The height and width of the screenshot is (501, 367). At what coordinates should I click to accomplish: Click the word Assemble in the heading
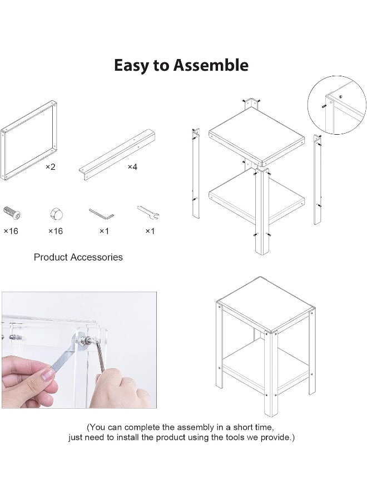pos(211,65)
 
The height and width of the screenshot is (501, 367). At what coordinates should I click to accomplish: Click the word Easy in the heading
pos(131,66)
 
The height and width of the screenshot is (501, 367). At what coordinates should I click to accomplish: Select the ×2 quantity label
pos(50,167)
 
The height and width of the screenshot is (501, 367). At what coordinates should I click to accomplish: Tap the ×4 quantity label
pos(132,167)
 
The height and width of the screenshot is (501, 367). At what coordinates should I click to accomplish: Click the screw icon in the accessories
pos(12,213)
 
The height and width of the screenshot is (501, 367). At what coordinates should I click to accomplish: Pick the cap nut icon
pos(57,214)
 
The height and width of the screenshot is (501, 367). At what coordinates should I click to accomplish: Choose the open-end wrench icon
pos(148,213)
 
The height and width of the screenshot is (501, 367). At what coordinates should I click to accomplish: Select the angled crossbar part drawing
pos(117,155)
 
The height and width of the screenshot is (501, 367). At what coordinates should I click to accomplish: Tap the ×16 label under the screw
pos(11,231)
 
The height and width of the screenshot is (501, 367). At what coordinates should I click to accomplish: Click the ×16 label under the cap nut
pos(56,231)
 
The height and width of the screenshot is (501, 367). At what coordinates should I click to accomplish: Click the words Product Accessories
pos(78,257)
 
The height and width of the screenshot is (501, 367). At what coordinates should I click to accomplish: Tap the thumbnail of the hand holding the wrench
pos(79,350)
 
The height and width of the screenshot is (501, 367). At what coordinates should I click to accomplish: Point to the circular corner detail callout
pos(336,105)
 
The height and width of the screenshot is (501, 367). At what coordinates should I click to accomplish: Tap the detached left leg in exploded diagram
pos(196,174)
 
